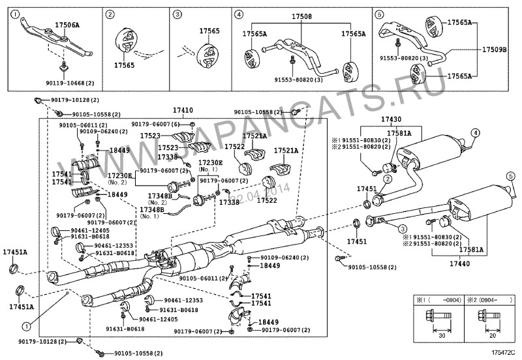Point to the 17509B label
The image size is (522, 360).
pos(494,49)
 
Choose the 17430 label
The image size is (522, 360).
pos(391,121)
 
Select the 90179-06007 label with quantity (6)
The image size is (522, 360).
pos(160,124)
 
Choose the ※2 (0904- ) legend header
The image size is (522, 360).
pos(485,301)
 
